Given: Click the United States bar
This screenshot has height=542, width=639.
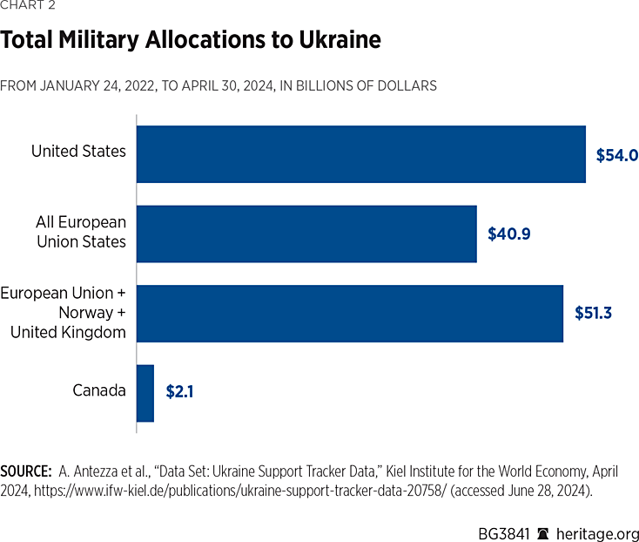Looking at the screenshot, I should tap(360, 154).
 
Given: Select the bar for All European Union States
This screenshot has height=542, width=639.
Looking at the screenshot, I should tap(306, 234).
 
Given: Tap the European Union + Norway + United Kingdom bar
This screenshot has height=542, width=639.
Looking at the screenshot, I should tap(349, 313).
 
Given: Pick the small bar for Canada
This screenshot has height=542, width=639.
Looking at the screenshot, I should tap(145, 393).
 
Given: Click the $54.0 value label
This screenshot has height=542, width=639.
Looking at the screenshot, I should tap(616, 156).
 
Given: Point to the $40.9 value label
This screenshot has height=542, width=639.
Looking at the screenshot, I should tap(509, 234).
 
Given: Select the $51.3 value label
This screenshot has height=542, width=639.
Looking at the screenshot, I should tap(593, 313).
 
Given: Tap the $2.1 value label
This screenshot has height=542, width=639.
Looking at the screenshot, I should tap(179, 392).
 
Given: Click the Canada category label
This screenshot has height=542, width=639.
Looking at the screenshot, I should tap(99, 390).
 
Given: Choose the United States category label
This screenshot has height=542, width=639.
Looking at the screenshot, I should tap(78, 152).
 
